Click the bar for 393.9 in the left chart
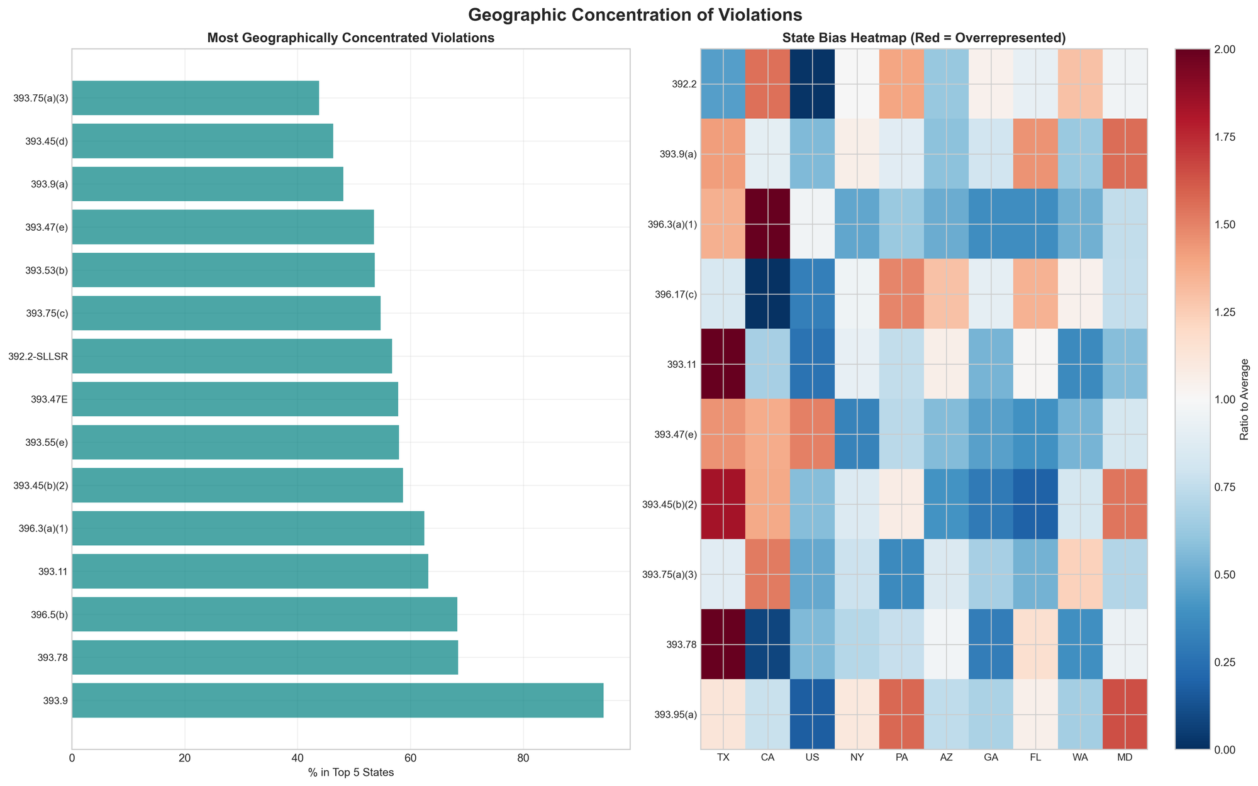pos(338,700)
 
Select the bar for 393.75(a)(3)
pos(196,98)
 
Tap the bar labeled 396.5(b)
pos(264,614)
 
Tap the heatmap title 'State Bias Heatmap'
pos(923,38)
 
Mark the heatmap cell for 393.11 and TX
pos(723,363)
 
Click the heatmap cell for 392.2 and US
pos(812,84)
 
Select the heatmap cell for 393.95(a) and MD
pos(1125,714)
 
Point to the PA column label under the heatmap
pos(901,758)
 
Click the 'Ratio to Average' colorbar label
pos(1245,399)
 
